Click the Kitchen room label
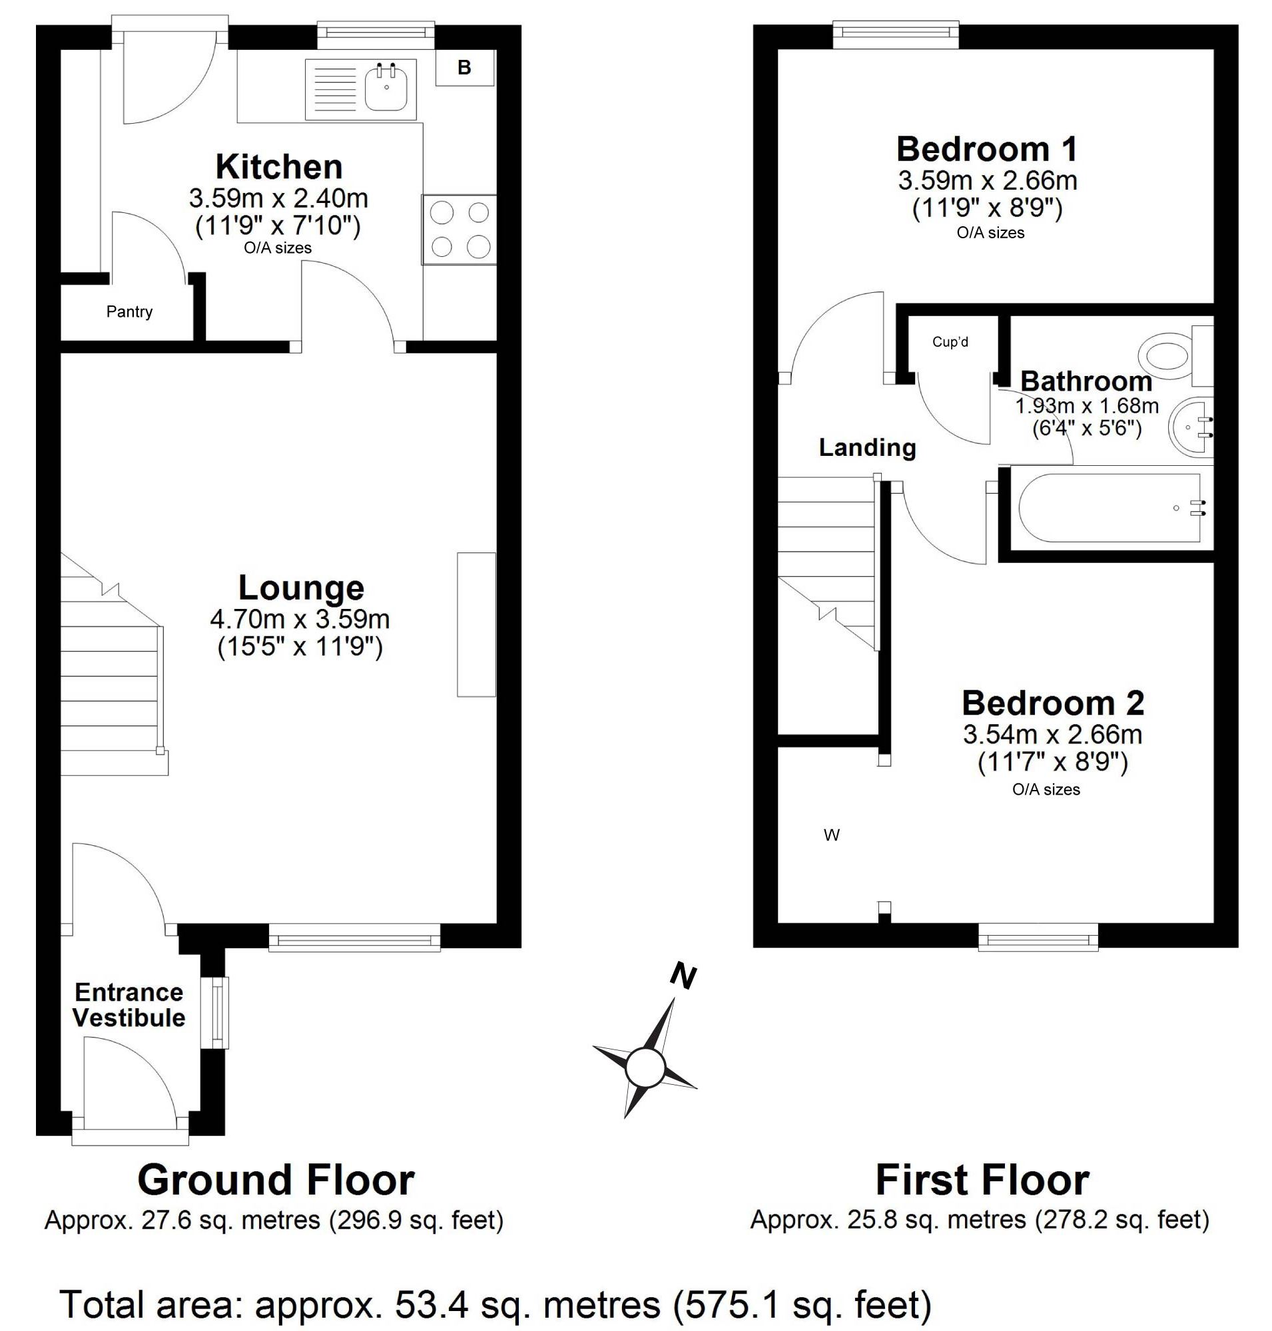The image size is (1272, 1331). (278, 167)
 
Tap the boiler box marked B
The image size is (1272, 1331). (464, 68)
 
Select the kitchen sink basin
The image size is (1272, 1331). (386, 88)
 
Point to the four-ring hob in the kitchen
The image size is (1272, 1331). (460, 230)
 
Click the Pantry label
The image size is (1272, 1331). (129, 311)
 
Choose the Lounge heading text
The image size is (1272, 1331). (301, 588)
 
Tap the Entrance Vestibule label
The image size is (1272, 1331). (129, 1005)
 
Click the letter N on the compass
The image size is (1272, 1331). (683, 976)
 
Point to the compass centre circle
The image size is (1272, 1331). (644, 1068)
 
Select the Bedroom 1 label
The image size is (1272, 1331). (986, 149)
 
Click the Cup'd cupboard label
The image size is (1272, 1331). (950, 342)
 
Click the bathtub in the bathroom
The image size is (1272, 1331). (1111, 508)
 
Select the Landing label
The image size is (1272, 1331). (867, 447)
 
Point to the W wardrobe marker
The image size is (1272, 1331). (831, 835)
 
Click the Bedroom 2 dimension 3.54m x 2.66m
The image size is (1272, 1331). (1052, 734)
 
